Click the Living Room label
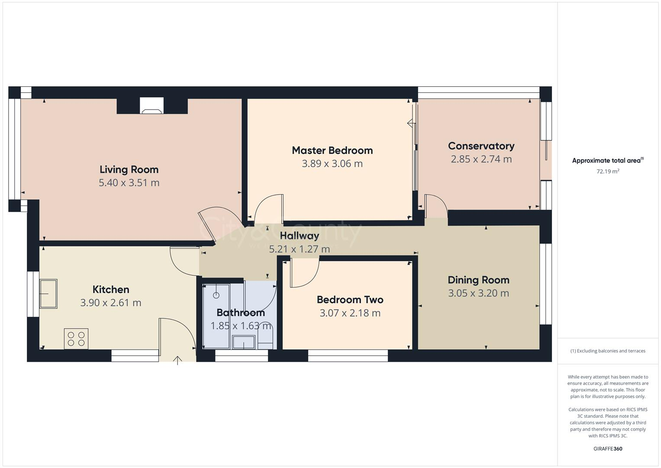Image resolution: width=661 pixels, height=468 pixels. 129,169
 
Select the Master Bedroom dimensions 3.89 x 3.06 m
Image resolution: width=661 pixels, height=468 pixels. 332,164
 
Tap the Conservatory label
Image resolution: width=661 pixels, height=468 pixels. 481,146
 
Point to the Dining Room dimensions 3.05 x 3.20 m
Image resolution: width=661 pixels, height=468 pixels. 478,293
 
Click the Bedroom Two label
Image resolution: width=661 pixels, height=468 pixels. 350,299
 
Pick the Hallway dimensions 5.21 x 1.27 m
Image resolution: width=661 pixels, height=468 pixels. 299,249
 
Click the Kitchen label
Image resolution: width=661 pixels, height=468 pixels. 111,289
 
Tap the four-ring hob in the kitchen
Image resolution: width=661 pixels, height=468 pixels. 76,339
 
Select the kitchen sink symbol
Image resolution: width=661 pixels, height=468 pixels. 48,293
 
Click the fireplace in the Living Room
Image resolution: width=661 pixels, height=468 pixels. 152,106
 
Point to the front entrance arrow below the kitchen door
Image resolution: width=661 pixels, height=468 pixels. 177,360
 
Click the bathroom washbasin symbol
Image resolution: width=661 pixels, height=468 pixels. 245,342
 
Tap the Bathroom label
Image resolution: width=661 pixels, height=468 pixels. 241,312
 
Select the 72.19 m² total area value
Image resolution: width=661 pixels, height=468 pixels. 608,172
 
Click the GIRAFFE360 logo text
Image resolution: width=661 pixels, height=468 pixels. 608,449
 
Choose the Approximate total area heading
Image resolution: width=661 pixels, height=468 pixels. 607,160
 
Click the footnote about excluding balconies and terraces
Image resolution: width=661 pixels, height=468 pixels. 608,351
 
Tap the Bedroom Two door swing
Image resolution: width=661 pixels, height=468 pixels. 304,273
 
